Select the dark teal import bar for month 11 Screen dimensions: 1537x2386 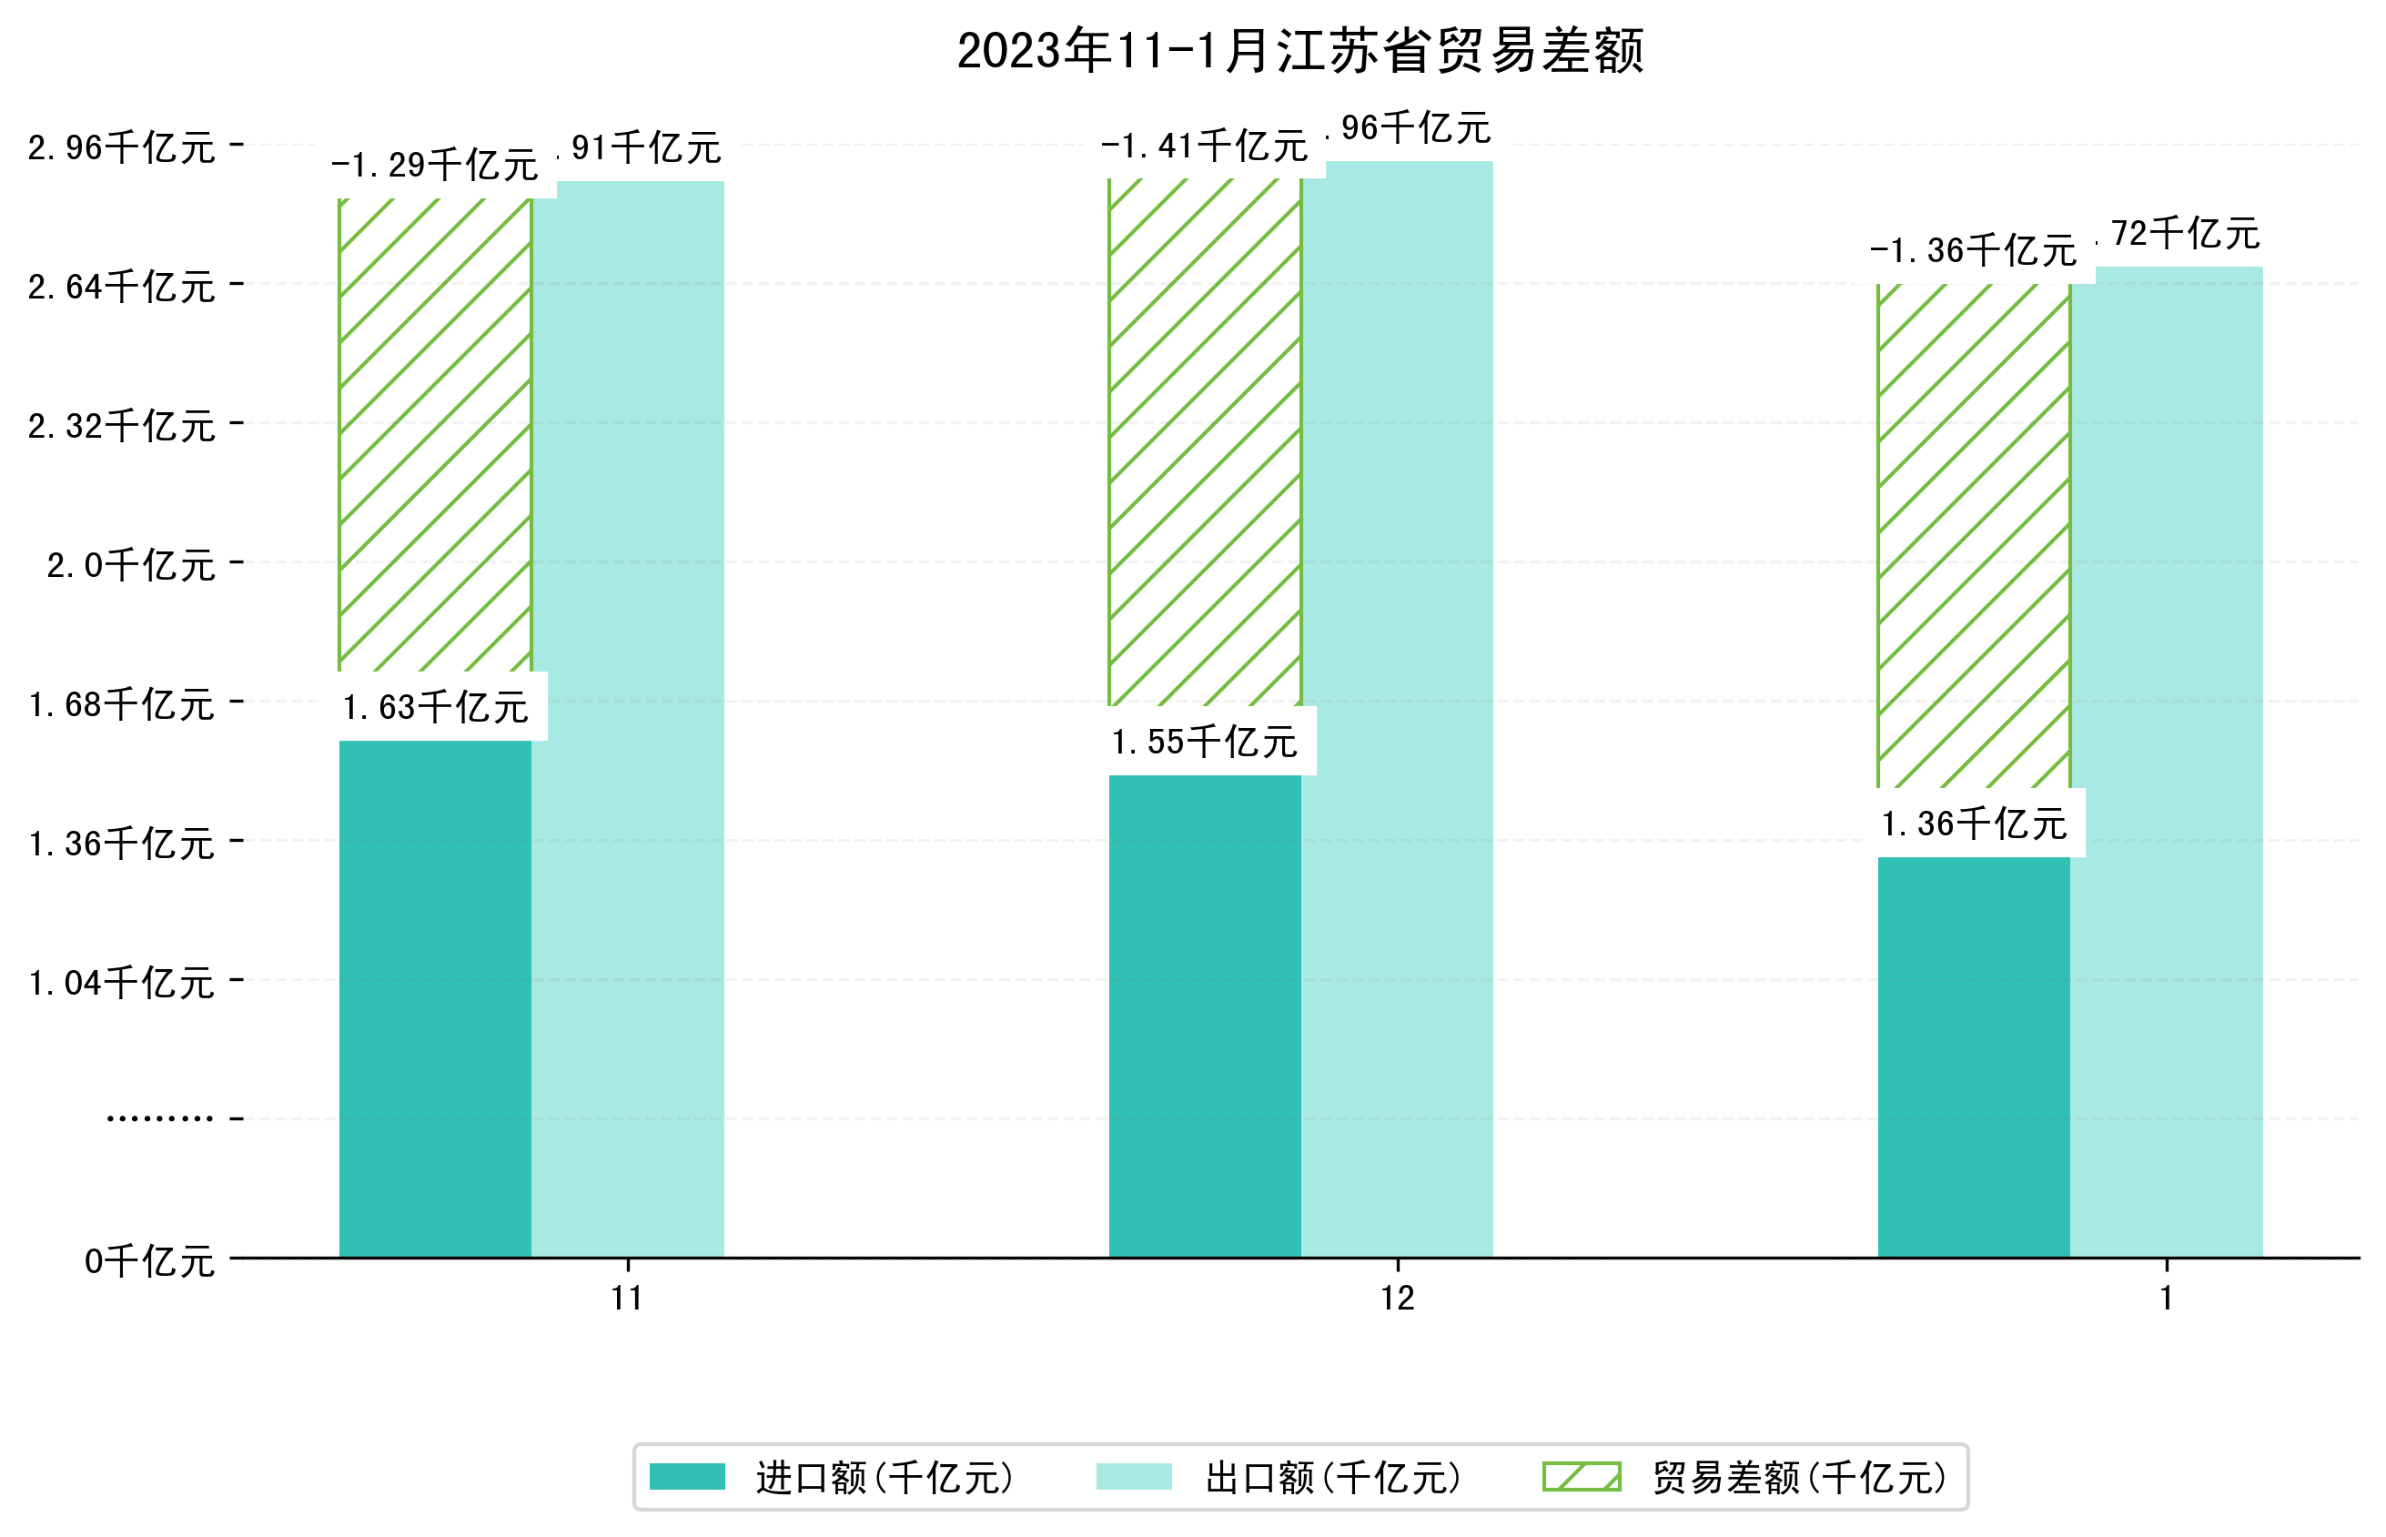pos(434,998)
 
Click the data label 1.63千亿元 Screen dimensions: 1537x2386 pos(435,708)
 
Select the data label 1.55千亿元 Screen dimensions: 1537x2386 pos(1205,742)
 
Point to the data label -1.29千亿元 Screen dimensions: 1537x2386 pos(434,165)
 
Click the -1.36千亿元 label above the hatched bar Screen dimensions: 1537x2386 pos(1973,250)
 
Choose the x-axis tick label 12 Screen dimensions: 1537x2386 pos(1397,1299)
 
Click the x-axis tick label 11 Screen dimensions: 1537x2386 pos(627,1299)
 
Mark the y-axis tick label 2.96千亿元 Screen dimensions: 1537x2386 pos(121,147)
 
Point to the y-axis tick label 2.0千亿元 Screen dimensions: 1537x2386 pos(130,566)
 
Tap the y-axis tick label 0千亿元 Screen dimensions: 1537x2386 pos(148,1261)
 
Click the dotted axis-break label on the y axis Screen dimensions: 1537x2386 pos(159,1118)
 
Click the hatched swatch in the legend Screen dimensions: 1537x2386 pos(1581,1476)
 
